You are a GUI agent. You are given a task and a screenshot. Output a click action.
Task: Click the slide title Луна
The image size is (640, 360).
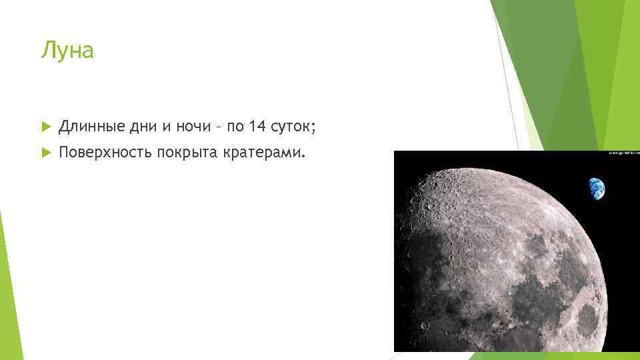pos(67,51)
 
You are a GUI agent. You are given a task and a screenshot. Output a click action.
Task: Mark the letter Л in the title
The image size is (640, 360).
pos(46,51)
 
